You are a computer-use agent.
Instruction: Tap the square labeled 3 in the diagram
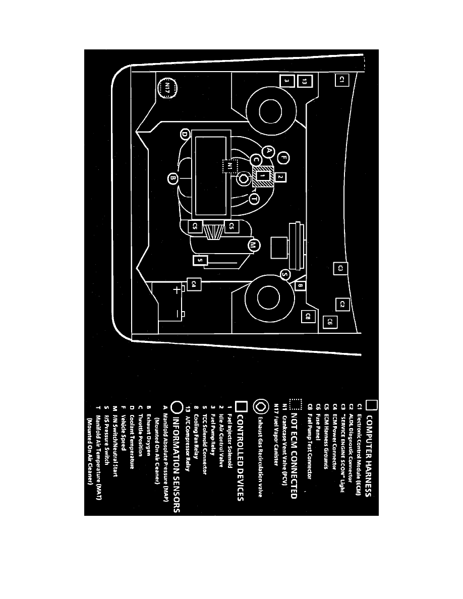pyautogui.click(x=286, y=80)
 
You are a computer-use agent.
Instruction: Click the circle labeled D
pyautogui.click(x=185, y=134)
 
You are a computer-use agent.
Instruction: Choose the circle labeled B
pyautogui.click(x=172, y=178)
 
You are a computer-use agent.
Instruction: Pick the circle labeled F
pyautogui.click(x=284, y=158)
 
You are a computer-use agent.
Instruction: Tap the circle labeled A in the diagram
pyautogui.click(x=269, y=150)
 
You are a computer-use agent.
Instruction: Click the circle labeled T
pyautogui.click(x=253, y=199)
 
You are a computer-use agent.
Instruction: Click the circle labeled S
pyautogui.click(x=285, y=275)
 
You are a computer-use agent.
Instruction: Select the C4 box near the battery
pyautogui.click(x=194, y=285)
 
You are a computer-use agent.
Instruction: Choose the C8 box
pyautogui.click(x=309, y=317)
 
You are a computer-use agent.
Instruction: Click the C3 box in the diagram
pyautogui.click(x=341, y=268)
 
